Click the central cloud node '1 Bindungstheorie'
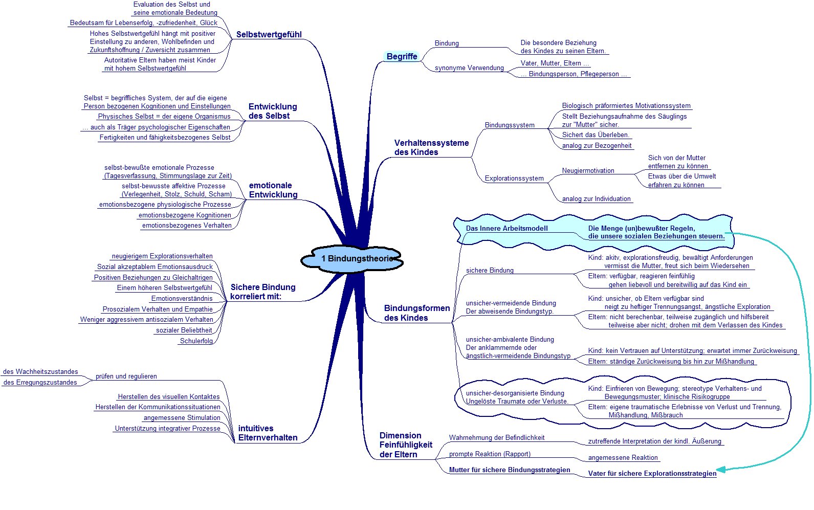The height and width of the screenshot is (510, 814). click(352, 259)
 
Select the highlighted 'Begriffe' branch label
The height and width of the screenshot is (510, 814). click(402, 56)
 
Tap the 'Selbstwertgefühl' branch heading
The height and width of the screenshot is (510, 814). click(269, 34)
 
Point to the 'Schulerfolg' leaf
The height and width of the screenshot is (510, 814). click(196, 341)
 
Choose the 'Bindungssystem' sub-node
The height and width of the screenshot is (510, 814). click(510, 125)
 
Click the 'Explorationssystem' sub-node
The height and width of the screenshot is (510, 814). click(514, 179)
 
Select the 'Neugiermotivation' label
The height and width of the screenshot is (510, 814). click(588, 170)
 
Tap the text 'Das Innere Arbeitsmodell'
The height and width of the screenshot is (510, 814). click(507, 228)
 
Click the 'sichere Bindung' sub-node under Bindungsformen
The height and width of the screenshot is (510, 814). click(490, 270)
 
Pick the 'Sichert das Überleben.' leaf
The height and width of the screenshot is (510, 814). click(596, 135)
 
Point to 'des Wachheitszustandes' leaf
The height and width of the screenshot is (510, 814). click(40, 371)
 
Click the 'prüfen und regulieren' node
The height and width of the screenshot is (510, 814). click(126, 376)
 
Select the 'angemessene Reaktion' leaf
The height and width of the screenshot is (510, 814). click(623, 458)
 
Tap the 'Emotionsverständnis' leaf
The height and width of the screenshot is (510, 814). click(182, 299)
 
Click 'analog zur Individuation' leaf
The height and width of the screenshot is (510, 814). click(597, 198)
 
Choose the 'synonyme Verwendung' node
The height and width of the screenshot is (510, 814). click(469, 68)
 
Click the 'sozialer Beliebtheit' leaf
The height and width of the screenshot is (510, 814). click(184, 330)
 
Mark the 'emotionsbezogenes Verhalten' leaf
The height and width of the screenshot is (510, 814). click(187, 225)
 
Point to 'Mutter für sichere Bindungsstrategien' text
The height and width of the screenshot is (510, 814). click(510, 470)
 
